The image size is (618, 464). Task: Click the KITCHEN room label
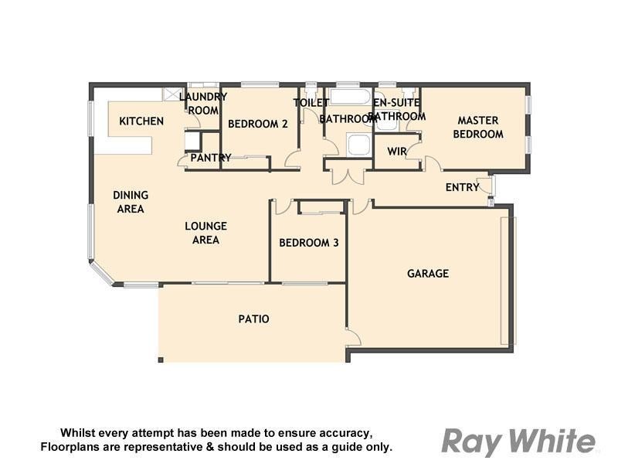click(x=141, y=121)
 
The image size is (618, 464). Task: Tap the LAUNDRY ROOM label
click(x=203, y=104)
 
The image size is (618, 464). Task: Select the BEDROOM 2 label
click(x=258, y=124)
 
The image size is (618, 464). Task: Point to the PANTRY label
click(x=211, y=158)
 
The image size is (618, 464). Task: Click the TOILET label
click(x=311, y=102)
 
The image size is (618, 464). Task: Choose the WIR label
click(x=397, y=150)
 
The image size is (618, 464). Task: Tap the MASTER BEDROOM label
click(x=478, y=128)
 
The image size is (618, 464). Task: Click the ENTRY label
click(x=461, y=188)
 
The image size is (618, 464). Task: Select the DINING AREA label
click(x=131, y=202)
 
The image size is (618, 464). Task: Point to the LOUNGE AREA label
click(x=205, y=233)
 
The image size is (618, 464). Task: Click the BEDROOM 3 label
click(x=309, y=243)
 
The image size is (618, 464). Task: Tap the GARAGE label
click(x=428, y=274)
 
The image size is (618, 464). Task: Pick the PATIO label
click(x=253, y=319)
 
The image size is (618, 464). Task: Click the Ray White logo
click(x=518, y=442)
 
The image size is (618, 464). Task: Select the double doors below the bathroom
click(x=348, y=176)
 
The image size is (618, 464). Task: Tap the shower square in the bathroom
click(x=358, y=145)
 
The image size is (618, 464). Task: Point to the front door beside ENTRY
click(x=486, y=186)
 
